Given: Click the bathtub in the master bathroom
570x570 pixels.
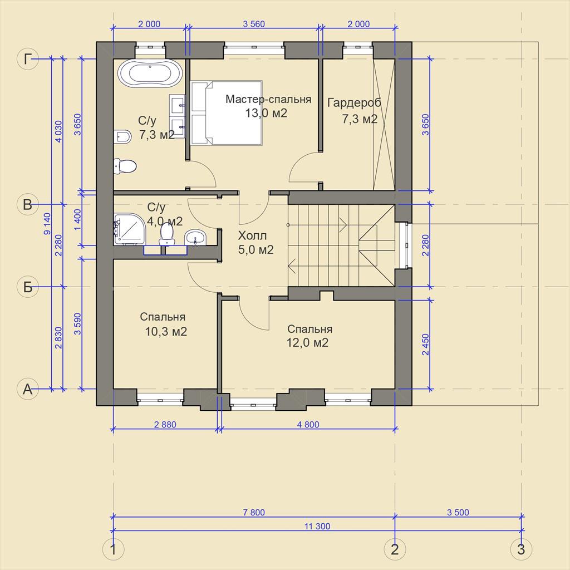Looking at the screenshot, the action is point(149,73).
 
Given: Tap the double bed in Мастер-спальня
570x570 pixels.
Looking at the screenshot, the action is point(226,113).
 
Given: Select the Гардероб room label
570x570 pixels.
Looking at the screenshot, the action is point(355,102).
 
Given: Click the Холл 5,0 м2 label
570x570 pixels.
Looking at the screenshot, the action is point(255,243).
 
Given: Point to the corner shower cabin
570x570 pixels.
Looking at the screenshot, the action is point(129,229).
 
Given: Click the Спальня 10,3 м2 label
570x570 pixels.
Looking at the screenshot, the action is point(164,324).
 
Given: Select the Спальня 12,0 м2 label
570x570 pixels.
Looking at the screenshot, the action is point(309,336).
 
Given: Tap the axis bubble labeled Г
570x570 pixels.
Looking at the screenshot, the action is point(28,58).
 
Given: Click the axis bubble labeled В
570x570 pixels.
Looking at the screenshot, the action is point(28,204).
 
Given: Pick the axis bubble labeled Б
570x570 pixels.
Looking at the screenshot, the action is point(28,287).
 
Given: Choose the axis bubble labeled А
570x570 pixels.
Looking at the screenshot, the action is point(28,389).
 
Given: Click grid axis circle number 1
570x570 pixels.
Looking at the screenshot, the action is point(114,549).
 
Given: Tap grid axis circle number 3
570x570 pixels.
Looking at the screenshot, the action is point(521,549).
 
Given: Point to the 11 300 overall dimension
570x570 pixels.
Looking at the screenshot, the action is point(317,527).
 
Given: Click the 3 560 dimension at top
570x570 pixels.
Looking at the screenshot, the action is point(254,24).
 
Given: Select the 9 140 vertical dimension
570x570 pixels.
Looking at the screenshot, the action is point(48,224).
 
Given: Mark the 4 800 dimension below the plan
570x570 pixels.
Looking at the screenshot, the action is point(308,424).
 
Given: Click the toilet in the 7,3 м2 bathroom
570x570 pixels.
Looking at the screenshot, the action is point(125,166).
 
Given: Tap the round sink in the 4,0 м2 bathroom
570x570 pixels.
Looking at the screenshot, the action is point(195,238).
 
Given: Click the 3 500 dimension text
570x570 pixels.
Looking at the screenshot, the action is point(458,513).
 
